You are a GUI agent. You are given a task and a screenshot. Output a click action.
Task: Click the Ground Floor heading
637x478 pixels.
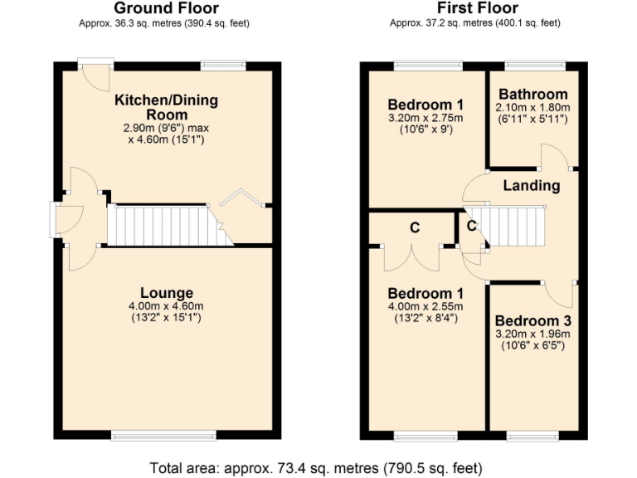point(165,8)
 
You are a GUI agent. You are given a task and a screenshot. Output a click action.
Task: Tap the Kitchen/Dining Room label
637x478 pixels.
point(166,107)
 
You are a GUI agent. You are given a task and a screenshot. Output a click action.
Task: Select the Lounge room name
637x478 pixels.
point(166,293)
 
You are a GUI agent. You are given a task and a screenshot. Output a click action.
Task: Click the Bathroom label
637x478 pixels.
point(532,95)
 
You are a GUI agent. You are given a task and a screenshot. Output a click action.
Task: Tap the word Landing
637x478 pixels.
point(531,185)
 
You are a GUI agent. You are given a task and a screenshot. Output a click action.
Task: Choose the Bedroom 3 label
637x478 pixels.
point(532,321)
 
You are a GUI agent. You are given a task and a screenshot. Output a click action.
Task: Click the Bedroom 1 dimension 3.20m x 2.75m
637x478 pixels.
point(425,119)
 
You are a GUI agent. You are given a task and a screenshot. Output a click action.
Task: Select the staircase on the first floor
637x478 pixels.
point(516,227)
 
